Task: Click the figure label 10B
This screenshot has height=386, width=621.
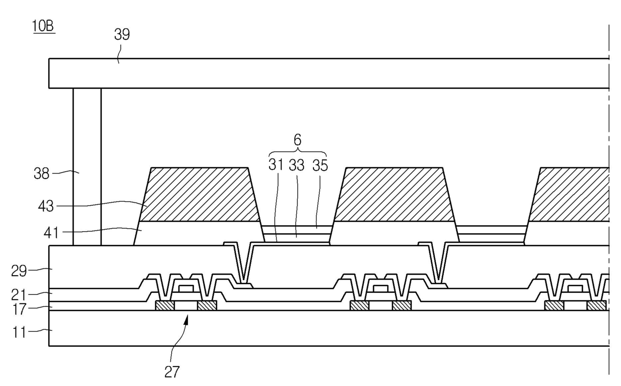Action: pos(44,26)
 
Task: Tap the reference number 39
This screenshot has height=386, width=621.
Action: pos(122,35)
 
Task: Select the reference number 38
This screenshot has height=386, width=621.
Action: pos(41,174)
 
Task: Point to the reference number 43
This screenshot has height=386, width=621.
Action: pos(46,207)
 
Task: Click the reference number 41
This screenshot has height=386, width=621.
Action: pos(51,233)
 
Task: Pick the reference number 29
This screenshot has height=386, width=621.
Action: pos(19,271)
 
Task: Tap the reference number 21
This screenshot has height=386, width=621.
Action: pos(19,295)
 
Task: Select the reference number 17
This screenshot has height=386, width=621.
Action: pos(19,309)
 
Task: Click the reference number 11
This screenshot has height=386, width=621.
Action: pos(19,332)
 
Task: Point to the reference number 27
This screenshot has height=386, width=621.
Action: pos(172,372)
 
